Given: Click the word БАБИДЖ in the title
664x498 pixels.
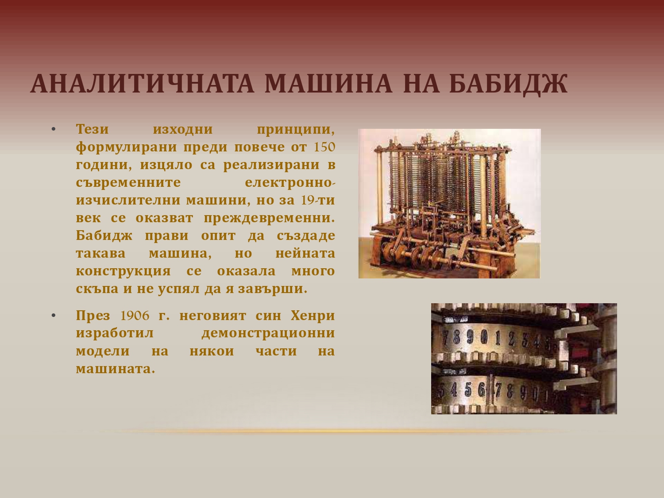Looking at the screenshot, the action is (x=508, y=84).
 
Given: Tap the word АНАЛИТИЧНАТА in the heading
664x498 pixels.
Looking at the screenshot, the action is (x=142, y=83).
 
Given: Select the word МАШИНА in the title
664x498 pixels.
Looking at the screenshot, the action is (x=328, y=83).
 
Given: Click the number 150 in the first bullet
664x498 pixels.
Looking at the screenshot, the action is (x=324, y=147).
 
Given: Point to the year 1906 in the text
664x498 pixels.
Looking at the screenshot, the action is (x=135, y=316).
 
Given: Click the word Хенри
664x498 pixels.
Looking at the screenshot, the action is (x=313, y=316).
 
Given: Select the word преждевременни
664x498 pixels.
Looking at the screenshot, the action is (x=269, y=218).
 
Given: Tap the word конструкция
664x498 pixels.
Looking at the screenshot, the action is (x=123, y=271).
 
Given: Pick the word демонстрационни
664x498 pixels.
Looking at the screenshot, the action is (x=268, y=333).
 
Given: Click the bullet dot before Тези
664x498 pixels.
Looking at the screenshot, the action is (x=54, y=129).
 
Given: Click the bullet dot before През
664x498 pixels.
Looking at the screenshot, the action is (x=54, y=316).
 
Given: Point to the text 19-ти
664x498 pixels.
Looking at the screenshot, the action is (x=318, y=200).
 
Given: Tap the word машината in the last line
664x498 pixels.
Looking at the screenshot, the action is (x=115, y=369).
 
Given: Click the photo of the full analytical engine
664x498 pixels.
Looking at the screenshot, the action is (x=449, y=204).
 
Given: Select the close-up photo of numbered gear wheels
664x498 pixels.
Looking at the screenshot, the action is (x=524, y=359).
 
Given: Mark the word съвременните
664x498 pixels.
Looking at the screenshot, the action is (x=128, y=183).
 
